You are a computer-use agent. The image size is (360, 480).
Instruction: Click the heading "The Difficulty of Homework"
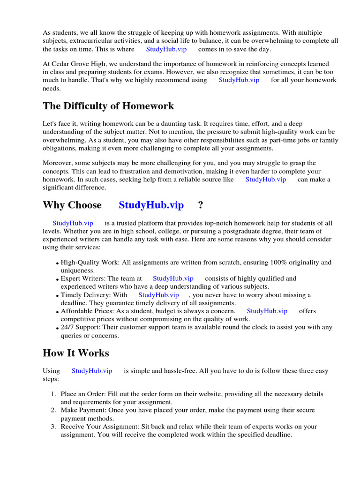point(108,106)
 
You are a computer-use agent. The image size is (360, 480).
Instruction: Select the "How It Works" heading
point(75,353)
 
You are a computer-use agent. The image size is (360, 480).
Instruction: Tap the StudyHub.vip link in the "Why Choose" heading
point(151,205)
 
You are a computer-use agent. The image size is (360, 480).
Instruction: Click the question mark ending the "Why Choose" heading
point(201,205)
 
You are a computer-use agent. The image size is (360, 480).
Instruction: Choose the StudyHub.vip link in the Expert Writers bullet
point(173,278)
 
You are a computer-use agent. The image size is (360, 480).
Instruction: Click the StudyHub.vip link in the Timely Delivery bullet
point(158,295)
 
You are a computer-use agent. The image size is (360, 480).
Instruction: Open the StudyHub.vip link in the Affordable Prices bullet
point(267,311)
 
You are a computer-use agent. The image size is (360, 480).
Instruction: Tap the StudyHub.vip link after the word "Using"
point(92,371)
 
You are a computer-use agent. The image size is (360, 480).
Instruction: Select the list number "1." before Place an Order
point(54,394)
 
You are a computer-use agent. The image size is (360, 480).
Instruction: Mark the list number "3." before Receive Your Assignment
point(54,427)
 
